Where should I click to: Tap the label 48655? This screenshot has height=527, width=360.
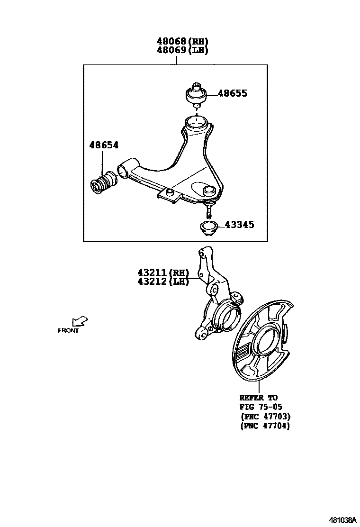(x=232, y=93)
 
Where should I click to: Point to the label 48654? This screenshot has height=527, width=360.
(x=104, y=145)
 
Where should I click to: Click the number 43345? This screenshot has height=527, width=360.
(x=239, y=224)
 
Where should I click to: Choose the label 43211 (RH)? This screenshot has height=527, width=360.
(x=163, y=273)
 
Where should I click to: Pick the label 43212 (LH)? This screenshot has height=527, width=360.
(x=163, y=282)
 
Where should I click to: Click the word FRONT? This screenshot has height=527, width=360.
(x=68, y=331)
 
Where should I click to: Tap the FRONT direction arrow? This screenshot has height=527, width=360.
(x=80, y=321)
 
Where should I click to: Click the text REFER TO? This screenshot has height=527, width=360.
(x=259, y=398)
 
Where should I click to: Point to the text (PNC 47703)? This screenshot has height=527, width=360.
(x=265, y=417)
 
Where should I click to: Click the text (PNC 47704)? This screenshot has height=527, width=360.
(x=265, y=426)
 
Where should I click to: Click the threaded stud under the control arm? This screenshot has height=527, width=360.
(x=208, y=209)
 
